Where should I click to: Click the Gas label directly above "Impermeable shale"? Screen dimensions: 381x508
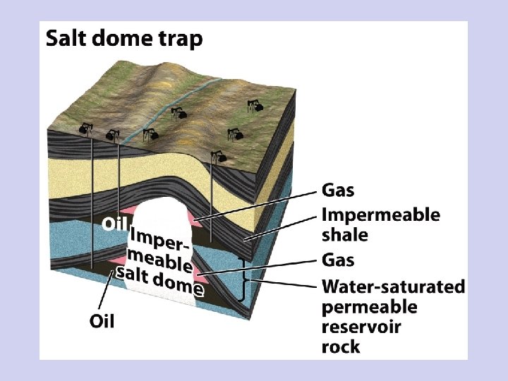[338, 190]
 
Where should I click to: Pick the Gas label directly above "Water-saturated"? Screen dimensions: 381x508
[338, 260]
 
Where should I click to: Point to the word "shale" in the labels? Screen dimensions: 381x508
[345, 234]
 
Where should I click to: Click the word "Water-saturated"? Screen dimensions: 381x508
[393, 286]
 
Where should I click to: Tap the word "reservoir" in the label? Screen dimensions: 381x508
[361, 327]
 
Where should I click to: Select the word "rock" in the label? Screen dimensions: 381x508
[341, 346]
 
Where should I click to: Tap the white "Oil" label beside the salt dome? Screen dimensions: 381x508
[115, 224]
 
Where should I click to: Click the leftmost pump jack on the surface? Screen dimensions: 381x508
[86, 128]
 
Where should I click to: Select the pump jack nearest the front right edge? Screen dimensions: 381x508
[223, 157]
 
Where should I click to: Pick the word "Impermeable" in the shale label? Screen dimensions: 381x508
[380, 214]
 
